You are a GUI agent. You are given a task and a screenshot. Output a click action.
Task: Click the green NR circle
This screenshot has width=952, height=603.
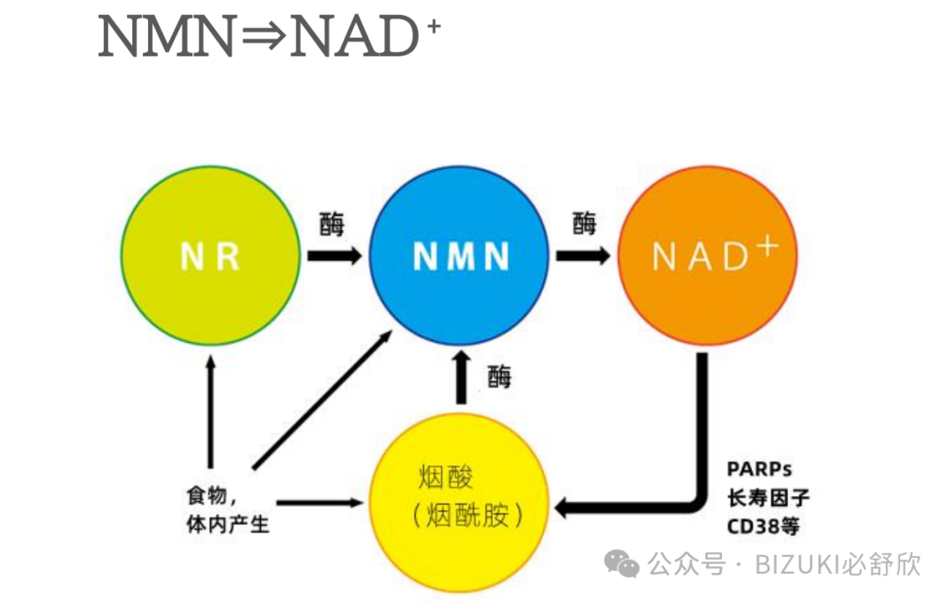click(210, 257)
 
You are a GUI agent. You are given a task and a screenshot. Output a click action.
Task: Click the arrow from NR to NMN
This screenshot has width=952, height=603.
click(334, 257)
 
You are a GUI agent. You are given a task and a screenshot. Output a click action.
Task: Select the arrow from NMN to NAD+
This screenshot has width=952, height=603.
click(582, 257)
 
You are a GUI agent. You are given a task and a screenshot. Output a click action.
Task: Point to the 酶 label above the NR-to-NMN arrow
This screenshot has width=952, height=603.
click(331, 224)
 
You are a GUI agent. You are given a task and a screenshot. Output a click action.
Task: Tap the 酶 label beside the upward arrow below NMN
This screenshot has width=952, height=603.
click(499, 377)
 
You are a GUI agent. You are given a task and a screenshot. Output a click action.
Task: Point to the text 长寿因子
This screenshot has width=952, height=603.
click(768, 497)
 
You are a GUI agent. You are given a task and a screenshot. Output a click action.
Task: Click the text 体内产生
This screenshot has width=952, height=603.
click(227, 525)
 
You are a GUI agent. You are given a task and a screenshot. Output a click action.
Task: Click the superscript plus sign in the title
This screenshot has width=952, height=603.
click(432, 26)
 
